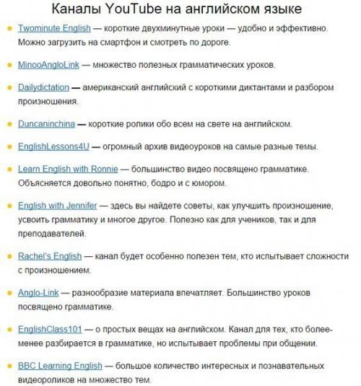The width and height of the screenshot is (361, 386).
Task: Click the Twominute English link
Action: (x=54, y=28)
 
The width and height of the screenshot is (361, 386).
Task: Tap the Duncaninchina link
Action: (x=47, y=123)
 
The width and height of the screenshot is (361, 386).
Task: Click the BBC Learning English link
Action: (x=60, y=365)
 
